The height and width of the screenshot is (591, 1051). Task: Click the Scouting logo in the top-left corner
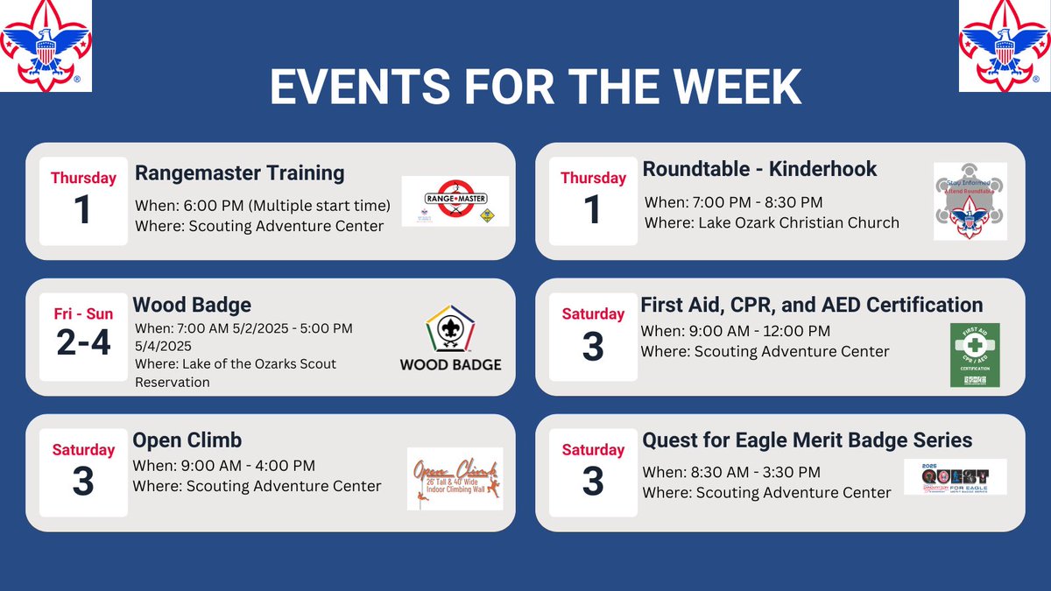click(x=46, y=46)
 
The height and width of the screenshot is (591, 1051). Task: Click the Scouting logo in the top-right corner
click(x=1005, y=46)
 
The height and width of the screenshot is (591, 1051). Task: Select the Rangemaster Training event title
click(x=239, y=172)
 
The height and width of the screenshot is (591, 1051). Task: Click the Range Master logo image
click(x=455, y=201)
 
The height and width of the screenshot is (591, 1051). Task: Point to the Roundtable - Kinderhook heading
click(x=759, y=168)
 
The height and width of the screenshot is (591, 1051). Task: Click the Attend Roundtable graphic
click(x=970, y=201)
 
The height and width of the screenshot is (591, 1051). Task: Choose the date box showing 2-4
click(x=83, y=336)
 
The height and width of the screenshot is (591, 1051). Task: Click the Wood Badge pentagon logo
click(x=450, y=329)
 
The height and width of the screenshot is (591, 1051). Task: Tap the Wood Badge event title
click(x=192, y=305)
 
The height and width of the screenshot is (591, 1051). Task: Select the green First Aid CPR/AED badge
click(x=975, y=355)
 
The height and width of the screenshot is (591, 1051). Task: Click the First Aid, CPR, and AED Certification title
click(x=811, y=305)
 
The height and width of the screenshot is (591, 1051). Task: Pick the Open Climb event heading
click(x=187, y=440)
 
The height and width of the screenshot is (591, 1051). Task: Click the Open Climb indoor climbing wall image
click(x=455, y=479)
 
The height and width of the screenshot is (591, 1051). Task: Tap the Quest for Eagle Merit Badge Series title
click(x=807, y=440)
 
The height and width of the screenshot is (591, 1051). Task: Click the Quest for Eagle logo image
click(x=955, y=477)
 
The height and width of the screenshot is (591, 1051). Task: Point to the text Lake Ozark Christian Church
click(x=798, y=222)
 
